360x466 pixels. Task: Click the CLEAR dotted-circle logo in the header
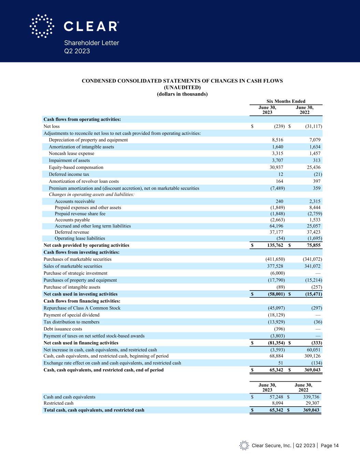coord(42,26)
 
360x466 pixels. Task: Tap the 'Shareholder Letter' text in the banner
coord(91,43)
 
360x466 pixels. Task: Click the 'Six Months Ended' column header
coord(286,101)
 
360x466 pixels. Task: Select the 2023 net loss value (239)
coord(279,126)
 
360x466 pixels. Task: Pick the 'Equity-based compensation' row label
coord(76,167)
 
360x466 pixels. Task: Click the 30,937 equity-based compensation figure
coord(276,167)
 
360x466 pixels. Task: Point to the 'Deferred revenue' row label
coord(72,232)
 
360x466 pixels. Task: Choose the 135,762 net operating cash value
coord(273,245)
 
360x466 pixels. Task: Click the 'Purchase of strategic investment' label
coord(75,273)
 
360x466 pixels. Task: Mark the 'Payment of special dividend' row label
coord(71,315)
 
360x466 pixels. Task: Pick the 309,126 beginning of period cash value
coord(312,356)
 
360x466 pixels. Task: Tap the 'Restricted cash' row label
coord(58,403)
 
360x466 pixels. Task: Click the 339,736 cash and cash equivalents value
coord(311,397)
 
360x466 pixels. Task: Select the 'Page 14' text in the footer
coord(330,446)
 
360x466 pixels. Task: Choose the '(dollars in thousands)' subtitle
coord(182,94)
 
